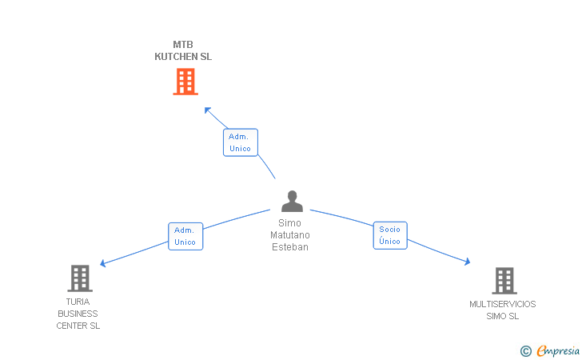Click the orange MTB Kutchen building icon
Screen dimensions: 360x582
tap(185, 82)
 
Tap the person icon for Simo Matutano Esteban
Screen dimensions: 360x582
tap(292, 202)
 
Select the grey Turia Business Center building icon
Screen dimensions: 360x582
tap(79, 278)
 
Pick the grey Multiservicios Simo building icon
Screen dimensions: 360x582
tap(504, 281)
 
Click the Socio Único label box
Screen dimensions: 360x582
tap(390, 235)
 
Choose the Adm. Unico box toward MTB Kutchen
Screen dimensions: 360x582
tap(240, 142)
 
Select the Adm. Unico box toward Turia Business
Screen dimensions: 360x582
tap(185, 236)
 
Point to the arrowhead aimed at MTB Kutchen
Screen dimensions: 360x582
tap(207, 110)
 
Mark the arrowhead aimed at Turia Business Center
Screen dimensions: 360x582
tap(102, 263)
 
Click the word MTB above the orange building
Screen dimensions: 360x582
tap(183, 45)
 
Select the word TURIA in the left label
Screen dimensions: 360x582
tap(78, 302)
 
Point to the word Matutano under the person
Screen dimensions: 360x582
tap(289, 235)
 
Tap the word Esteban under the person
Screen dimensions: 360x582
tap(289, 247)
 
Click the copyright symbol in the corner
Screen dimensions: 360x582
tap(525, 350)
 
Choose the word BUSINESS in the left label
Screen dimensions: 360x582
tap(78, 314)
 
